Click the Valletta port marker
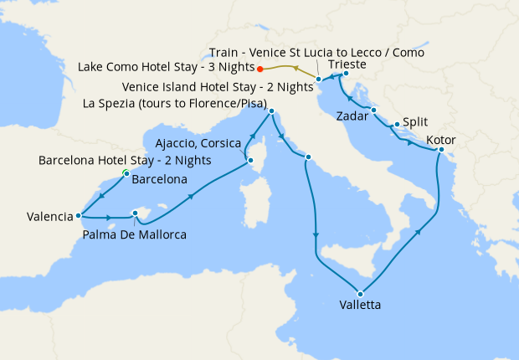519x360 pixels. [359, 293]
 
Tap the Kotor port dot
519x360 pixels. [440, 151]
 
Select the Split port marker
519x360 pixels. [396, 126]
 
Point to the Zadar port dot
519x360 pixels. [373, 111]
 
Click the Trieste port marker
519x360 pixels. [346, 74]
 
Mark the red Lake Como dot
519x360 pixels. [260, 69]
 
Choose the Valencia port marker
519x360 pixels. [79, 214]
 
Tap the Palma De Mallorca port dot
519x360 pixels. [135, 213]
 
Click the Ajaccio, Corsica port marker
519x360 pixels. [249, 160]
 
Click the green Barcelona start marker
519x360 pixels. [126, 173]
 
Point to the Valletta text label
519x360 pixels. [360, 306]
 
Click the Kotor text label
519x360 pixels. [441, 139]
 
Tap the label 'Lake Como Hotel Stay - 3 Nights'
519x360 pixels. [166, 67]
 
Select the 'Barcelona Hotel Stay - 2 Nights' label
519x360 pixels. [125, 160]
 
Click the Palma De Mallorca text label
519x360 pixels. [135, 234]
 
